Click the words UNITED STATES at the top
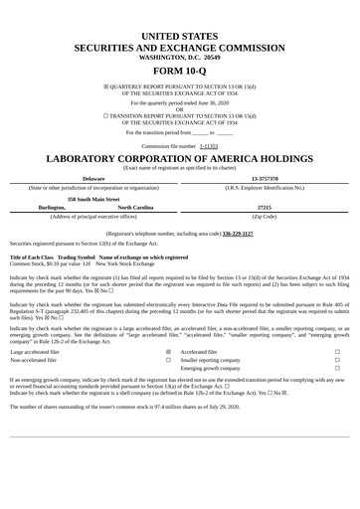[180, 36]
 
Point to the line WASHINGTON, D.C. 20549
[180, 58]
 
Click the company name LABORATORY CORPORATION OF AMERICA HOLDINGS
[180, 159]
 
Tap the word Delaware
[93, 178]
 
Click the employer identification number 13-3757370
[265, 178]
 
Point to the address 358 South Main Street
[93, 198]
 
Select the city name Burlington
[53, 207]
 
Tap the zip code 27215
[265, 207]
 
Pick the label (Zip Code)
[265, 216]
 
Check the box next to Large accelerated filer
[168, 351]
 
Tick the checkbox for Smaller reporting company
[337, 360]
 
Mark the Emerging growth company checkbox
[337, 369]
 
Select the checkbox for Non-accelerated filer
[168, 360]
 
